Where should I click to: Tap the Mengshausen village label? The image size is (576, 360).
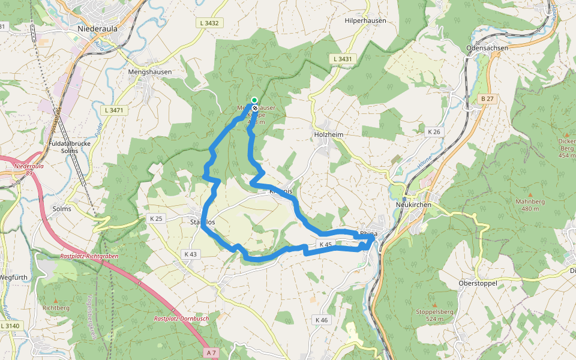150,71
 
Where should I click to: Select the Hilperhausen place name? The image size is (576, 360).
365,20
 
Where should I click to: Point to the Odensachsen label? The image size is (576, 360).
487,47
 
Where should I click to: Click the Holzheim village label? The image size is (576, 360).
329,134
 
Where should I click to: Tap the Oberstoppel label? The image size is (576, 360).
477,283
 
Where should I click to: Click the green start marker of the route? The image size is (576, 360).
254,100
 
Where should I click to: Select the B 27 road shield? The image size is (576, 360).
487,98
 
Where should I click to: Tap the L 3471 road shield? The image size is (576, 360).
113,110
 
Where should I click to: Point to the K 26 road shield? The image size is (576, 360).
434,131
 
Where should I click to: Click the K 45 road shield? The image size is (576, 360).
325,244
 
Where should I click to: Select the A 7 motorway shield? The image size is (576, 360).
210,353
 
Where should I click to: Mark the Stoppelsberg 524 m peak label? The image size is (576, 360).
434,316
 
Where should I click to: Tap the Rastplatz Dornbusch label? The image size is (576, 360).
181,319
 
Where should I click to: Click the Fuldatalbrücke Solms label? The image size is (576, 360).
70,147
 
